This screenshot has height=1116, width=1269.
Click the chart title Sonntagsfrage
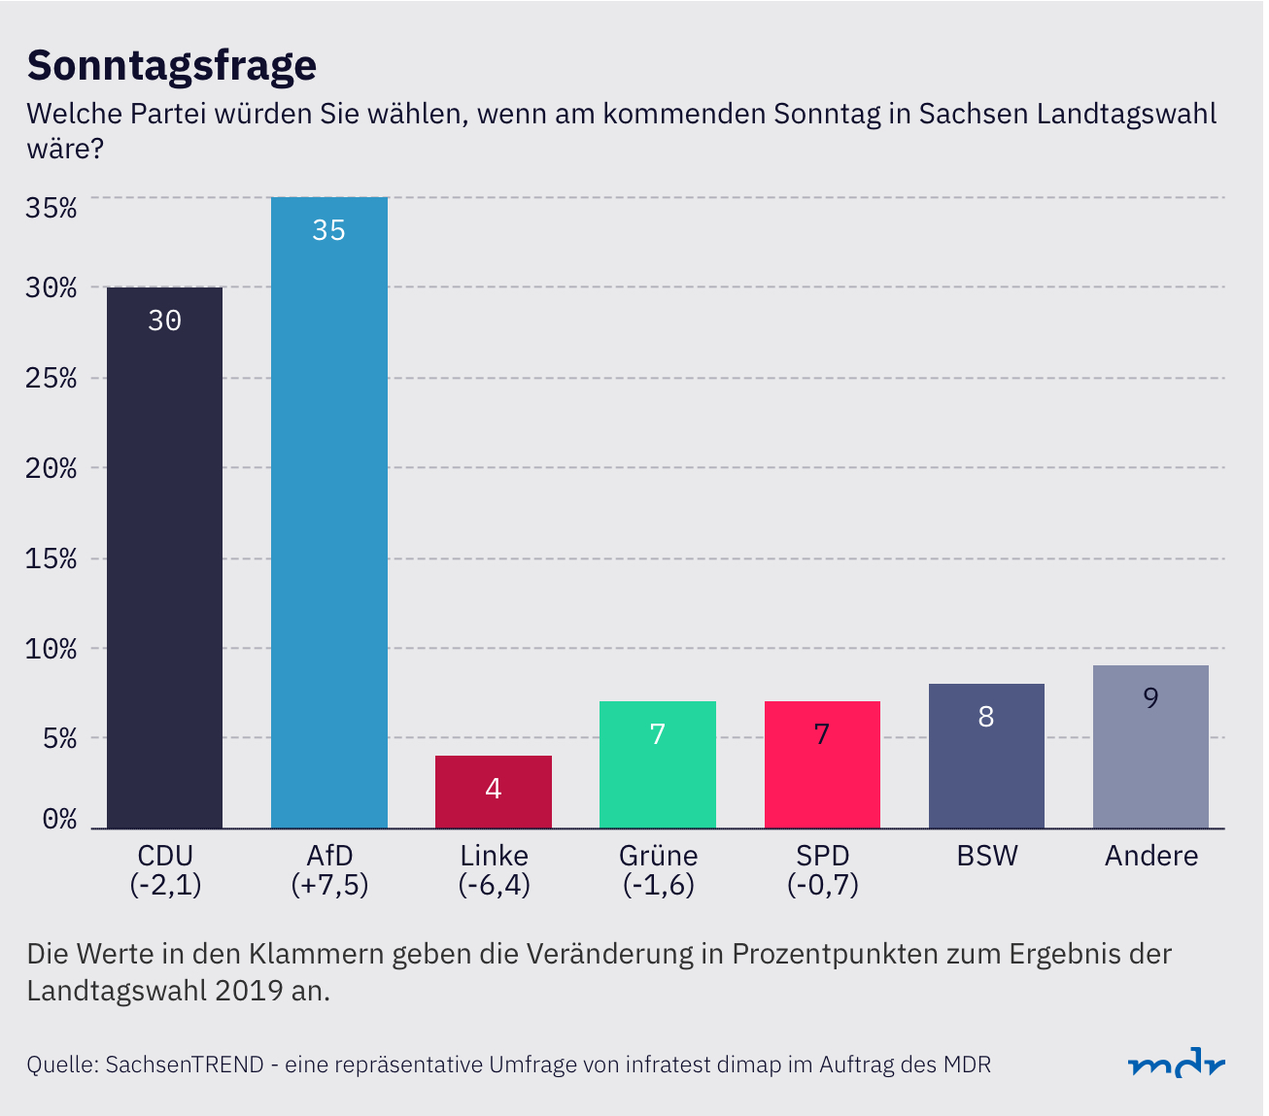point(172,65)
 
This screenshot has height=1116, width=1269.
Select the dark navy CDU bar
point(164,558)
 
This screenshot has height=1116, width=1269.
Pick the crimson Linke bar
point(494,792)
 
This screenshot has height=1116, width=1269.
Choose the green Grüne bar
point(658,764)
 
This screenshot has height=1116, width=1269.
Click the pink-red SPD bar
point(822,764)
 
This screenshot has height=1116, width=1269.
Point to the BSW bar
point(986,756)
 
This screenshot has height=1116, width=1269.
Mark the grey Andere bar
point(1150,746)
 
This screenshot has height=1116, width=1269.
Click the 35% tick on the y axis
point(51,208)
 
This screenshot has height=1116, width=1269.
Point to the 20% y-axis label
point(51,468)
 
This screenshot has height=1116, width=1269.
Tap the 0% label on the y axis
point(58,819)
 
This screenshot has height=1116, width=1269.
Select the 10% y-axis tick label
point(51,649)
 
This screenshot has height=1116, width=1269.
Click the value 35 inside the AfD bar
point(329,230)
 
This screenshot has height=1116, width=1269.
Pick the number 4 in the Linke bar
point(494,789)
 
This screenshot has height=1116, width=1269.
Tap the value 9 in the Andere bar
point(1150,697)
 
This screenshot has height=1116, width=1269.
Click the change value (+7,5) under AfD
point(329,885)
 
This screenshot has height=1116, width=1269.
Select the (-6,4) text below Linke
point(494,885)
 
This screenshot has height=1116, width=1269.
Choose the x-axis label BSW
point(987,856)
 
